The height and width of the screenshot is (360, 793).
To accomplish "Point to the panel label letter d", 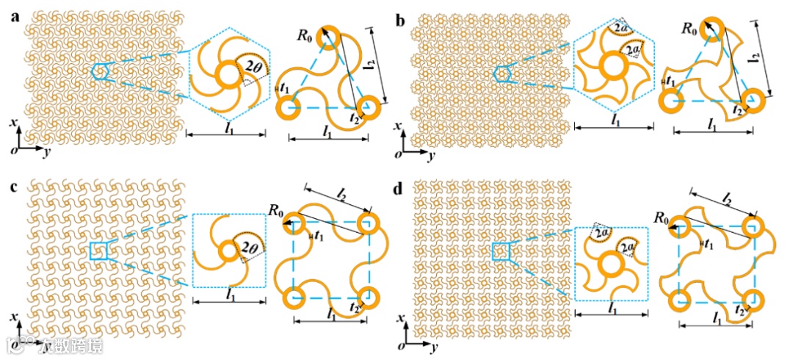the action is click(399, 187).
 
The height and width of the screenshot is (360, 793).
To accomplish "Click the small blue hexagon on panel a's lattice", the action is click(101, 71).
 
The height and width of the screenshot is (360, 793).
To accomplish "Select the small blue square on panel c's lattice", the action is click(98, 251).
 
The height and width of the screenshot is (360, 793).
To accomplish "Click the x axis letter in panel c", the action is click(15, 317).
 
